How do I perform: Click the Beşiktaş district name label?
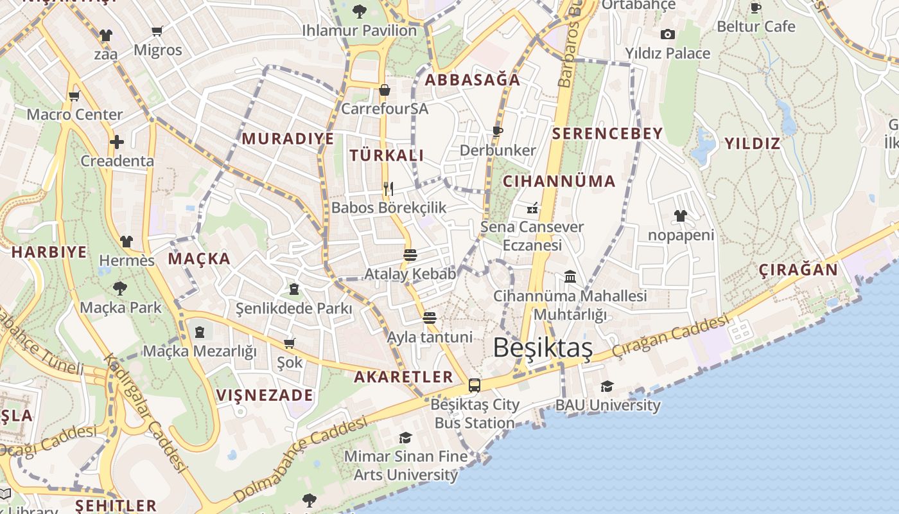click(543, 348)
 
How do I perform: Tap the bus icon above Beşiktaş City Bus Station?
click(475, 385)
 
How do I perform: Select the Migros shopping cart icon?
click(157, 31)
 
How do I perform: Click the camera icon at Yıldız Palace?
click(668, 34)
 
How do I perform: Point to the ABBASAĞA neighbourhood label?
click(473, 80)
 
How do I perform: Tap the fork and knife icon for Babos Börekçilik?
click(388, 188)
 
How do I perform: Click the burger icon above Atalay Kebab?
click(410, 254)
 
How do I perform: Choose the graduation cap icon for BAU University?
click(607, 386)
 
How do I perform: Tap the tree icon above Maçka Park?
click(120, 288)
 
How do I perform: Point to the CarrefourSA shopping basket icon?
click(384, 90)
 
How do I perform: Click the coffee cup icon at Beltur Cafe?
click(756, 8)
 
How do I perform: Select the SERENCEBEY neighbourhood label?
click(607, 134)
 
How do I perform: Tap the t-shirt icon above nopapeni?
click(681, 215)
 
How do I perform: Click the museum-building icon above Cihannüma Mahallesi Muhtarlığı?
click(570, 276)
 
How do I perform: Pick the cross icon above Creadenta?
click(117, 141)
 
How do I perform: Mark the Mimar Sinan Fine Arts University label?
click(406, 465)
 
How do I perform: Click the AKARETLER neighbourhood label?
click(403, 377)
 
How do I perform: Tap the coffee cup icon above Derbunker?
click(497, 131)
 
